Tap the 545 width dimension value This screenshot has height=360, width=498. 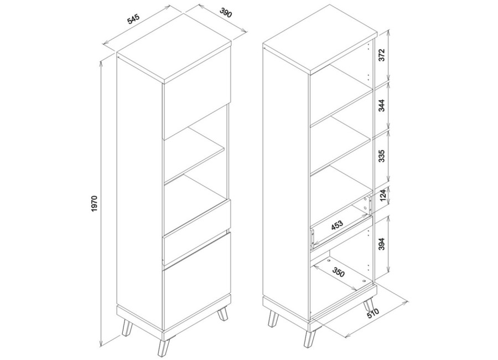[133, 19]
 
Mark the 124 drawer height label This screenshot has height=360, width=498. [383, 196]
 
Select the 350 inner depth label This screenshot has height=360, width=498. [338, 272]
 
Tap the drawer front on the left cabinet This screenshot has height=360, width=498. [196, 232]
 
